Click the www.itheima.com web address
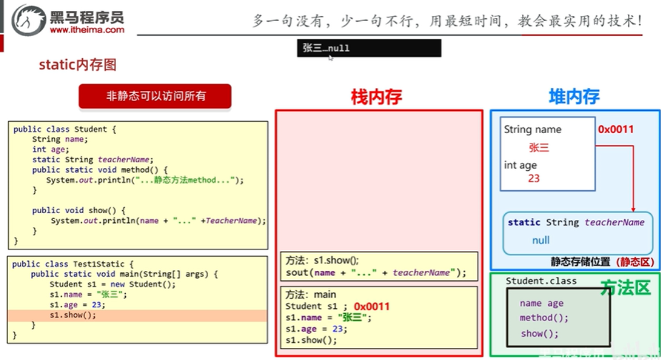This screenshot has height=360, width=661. coord(86,30)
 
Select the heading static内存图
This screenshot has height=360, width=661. coord(77,65)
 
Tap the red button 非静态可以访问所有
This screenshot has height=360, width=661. coord(155,96)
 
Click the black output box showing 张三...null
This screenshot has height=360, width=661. coord(369,48)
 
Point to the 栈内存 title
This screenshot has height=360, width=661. coord(376,97)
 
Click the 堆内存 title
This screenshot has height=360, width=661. coord(574,97)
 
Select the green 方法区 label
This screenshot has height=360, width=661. coord(625,288)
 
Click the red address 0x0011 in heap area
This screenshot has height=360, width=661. coord(616,129)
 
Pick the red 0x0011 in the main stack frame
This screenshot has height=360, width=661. coord(372,306)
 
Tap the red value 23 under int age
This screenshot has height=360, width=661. coord(533,178)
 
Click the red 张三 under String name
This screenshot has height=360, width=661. coord(539,147)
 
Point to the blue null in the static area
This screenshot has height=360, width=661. coord(540,241)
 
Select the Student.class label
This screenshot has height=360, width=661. coord(541,281)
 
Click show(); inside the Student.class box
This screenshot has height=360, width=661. coord(539,334)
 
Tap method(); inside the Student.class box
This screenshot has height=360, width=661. coord(544,318)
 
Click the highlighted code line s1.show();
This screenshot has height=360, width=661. coord(73,315)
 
